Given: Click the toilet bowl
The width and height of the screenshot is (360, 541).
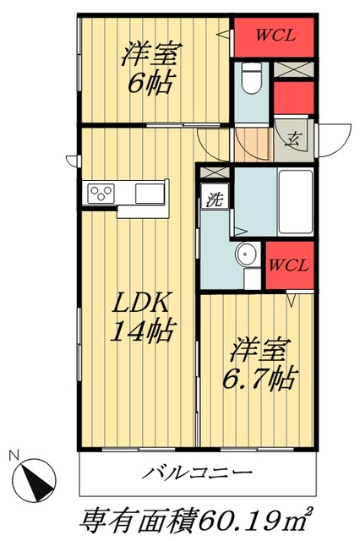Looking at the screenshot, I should tap(249, 79).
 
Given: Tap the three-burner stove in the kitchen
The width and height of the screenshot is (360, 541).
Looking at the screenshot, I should tap(100, 193).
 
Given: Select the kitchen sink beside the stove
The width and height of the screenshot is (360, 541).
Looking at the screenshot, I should tap(150, 193).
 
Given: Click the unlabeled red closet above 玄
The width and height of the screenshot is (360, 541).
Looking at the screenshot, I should tap(296, 98).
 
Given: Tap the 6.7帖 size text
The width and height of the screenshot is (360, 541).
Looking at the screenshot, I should tap(259, 377).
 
